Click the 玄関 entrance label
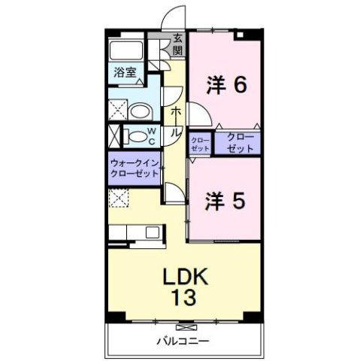pyautogui.click(x=178, y=44)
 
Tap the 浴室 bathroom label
pyautogui.click(x=126, y=74)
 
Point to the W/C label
pyautogui.click(x=151, y=137)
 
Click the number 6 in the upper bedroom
pyautogui.click(x=239, y=86)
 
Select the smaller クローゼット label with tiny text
pyautogui.click(x=199, y=143)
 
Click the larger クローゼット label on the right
pyautogui.click(x=241, y=143)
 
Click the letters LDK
pyautogui.click(x=186, y=276)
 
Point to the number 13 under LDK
pyautogui.click(x=186, y=299)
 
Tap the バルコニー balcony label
pyautogui.click(x=183, y=341)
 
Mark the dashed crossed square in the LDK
pyautogui.click(x=117, y=198)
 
